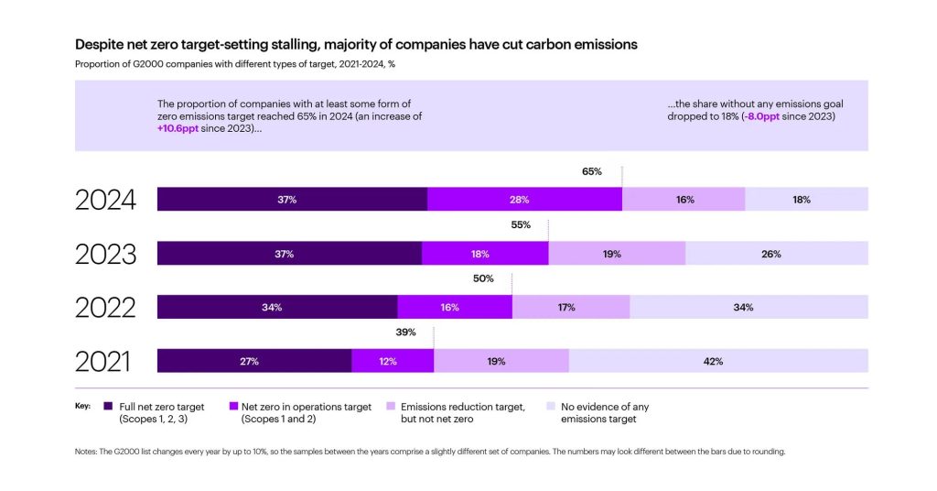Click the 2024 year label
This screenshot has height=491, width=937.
105,200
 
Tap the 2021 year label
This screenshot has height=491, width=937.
102,361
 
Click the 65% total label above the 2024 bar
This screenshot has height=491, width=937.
591,171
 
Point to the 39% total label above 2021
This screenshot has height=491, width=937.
406,333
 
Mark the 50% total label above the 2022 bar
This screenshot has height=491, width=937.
483,278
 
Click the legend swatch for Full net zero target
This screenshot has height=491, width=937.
109,407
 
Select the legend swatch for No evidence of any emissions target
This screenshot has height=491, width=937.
551,407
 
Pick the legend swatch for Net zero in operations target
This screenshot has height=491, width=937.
233,407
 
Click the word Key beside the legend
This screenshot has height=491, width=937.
81,406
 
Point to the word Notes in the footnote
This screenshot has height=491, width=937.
87,452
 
